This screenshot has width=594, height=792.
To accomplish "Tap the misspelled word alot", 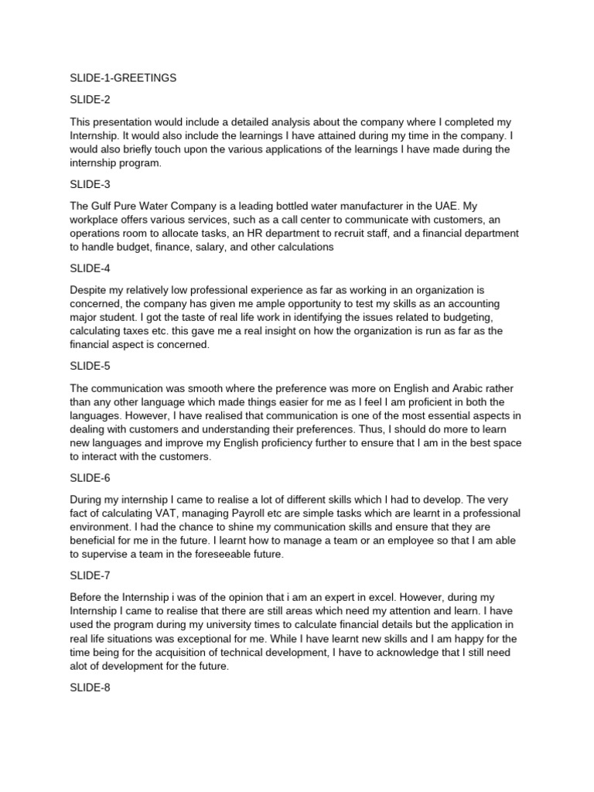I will (x=81, y=667).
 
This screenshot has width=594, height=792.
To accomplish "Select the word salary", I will (x=235, y=247).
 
